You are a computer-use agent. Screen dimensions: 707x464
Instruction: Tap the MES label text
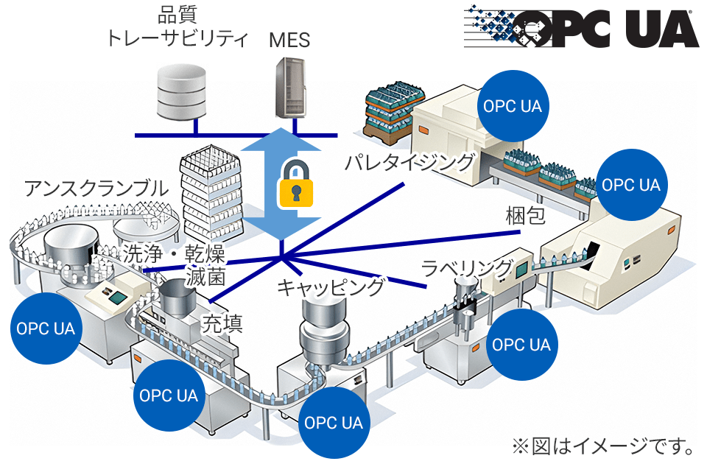coord(289,40)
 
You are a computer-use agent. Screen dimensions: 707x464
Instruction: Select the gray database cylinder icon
coord(181,92)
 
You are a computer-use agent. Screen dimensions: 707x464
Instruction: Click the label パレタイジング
coord(410,162)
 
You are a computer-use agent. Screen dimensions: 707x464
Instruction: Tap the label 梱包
coord(526,216)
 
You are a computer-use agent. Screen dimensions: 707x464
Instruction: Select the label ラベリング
coord(467,268)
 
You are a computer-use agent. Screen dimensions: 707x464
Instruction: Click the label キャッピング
coord(331,287)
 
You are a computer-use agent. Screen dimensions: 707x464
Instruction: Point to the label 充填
coord(222,323)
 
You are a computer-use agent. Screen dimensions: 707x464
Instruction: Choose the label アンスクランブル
coord(96,188)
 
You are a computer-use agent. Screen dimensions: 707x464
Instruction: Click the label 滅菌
coord(205,276)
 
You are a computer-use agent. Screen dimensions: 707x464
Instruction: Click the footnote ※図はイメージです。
coord(604,446)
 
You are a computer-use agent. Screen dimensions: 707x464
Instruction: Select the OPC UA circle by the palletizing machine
coord(513,106)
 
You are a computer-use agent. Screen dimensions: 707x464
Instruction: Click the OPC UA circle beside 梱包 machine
coord(631,185)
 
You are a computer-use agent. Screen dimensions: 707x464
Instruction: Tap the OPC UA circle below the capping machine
coord(334,423)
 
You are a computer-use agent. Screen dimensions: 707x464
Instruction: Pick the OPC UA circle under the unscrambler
coord(46,328)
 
